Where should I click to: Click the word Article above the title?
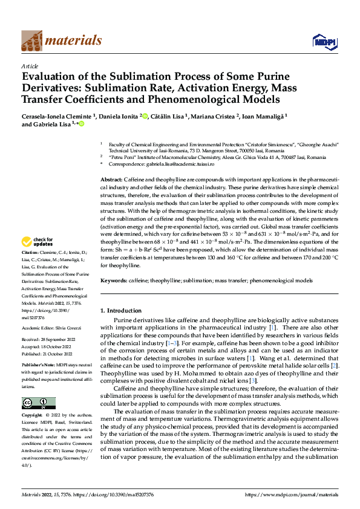coord(30,66)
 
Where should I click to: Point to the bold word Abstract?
coord(111,181)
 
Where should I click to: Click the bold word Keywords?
coord(114,281)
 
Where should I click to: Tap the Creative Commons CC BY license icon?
coord(38,403)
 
